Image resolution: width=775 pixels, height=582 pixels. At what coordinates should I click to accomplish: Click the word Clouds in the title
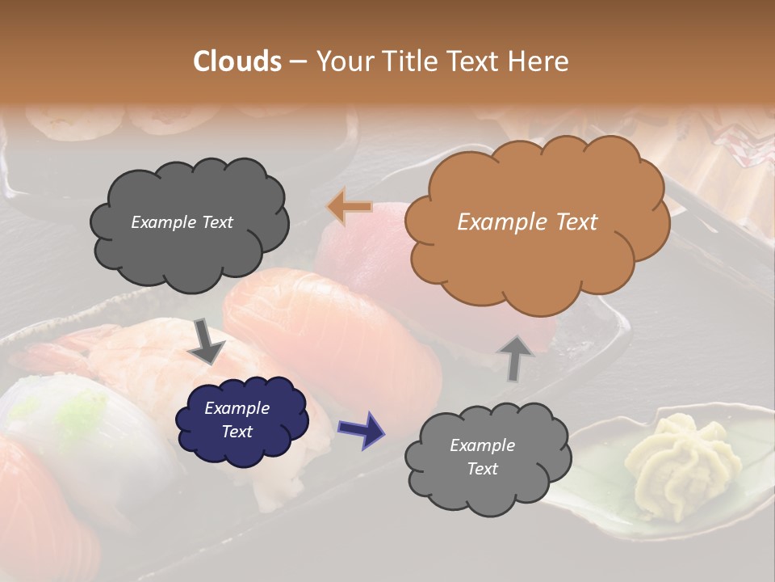click(x=237, y=61)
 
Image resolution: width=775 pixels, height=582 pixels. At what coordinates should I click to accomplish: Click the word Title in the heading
click(x=407, y=61)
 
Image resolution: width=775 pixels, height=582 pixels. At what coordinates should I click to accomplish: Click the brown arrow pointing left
click(x=350, y=207)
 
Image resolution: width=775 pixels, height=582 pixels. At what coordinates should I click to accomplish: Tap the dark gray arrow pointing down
click(x=206, y=340)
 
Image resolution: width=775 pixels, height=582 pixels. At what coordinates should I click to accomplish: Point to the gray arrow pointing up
click(x=515, y=356)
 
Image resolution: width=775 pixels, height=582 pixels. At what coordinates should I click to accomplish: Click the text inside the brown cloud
click(x=527, y=222)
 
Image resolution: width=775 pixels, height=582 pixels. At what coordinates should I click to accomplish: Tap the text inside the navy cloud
click(x=237, y=420)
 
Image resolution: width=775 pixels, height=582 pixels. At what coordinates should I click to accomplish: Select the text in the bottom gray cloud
click(x=482, y=457)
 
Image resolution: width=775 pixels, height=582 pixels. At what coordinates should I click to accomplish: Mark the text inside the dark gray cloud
click(x=182, y=222)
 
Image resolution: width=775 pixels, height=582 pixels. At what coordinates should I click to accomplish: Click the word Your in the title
click(x=341, y=61)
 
